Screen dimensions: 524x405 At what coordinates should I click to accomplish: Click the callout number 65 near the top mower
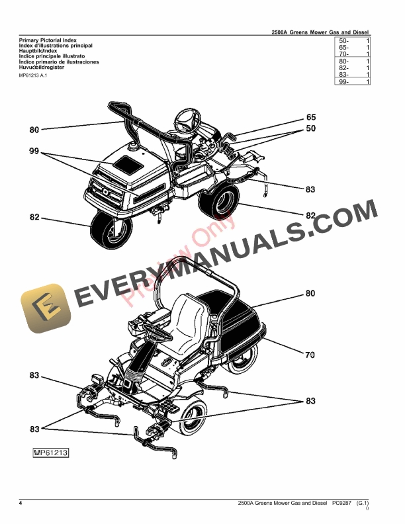click(x=311, y=117)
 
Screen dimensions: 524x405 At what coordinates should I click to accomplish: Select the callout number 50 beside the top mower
click(x=311, y=130)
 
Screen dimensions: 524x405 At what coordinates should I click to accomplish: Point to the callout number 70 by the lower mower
click(x=310, y=355)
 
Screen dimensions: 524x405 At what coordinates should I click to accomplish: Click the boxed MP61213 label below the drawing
click(x=52, y=453)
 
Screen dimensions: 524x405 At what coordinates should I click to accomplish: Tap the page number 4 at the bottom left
click(x=21, y=504)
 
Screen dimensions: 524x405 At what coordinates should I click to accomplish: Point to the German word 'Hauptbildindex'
click(x=34, y=51)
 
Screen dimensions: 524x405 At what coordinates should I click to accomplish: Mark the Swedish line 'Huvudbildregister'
click(x=38, y=67)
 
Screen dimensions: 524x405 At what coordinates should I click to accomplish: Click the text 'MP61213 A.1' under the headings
click(x=32, y=76)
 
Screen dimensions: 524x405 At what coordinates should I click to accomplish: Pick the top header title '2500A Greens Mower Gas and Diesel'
click(x=320, y=32)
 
